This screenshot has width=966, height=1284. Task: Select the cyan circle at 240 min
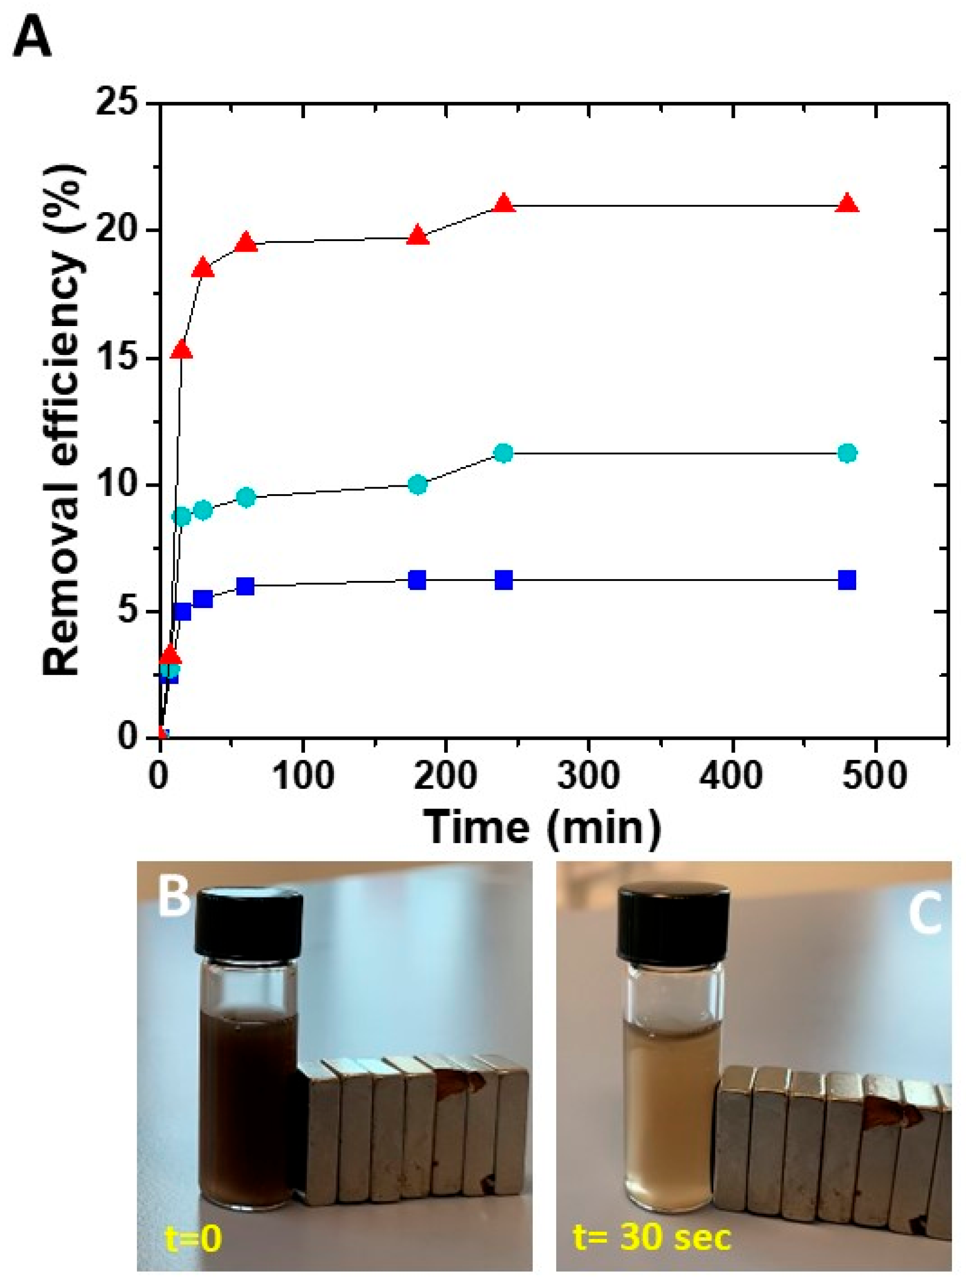click(504, 453)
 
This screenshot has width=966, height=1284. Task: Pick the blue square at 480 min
click(847, 579)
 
